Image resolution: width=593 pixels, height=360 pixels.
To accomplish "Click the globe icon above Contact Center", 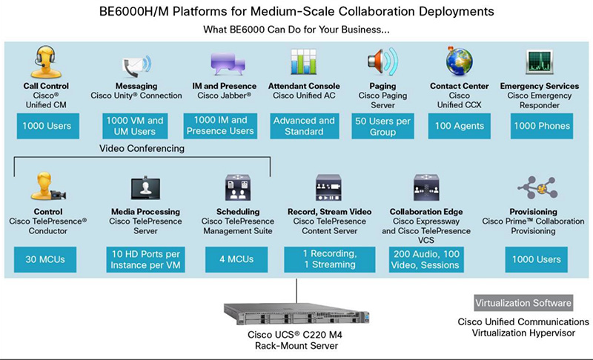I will pyautogui.click(x=459, y=61).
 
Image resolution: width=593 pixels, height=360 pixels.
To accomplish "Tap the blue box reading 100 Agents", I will pyautogui.click(x=460, y=126).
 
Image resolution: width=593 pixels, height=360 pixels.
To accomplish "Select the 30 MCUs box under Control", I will pyautogui.click(x=47, y=260).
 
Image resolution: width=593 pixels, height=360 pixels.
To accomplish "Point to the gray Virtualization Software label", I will pyautogui.click(x=523, y=303).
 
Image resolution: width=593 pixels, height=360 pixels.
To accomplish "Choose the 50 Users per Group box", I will pyautogui.click(x=383, y=126).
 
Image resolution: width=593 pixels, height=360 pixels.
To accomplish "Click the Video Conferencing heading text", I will pyautogui.click(x=142, y=148).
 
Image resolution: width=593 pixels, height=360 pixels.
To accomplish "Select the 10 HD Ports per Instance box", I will pyautogui.click(x=145, y=260).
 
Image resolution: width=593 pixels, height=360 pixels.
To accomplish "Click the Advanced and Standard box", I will pyautogui.click(x=304, y=126).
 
